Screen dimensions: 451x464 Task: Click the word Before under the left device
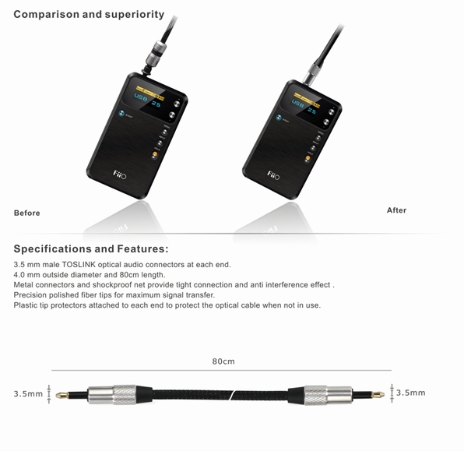(26, 213)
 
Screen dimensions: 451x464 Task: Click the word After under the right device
(396, 210)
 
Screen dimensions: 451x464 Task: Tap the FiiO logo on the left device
(119, 175)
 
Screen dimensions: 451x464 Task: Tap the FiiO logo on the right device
(275, 175)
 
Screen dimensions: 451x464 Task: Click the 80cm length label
(223, 362)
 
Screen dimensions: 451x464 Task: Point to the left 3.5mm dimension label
(28, 393)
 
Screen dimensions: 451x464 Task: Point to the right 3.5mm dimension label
(411, 393)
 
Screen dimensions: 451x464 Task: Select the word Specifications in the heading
(52, 249)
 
